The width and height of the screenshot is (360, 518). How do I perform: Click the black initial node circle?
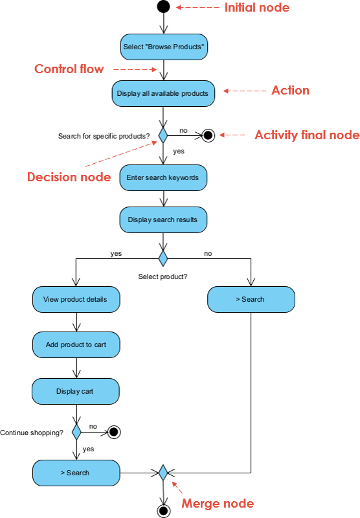point(163,7)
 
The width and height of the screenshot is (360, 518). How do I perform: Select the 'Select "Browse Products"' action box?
point(163,47)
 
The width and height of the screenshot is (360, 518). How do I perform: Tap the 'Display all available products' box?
point(163,93)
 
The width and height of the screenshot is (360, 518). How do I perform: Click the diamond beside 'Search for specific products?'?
point(163,135)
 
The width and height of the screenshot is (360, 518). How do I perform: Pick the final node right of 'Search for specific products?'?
point(207,135)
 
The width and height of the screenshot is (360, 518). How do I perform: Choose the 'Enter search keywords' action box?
point(163,177)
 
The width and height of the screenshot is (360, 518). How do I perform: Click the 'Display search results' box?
point(163,220)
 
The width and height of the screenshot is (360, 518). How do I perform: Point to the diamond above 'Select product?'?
point(163,259)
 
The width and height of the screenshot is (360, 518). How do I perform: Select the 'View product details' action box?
point(76,299)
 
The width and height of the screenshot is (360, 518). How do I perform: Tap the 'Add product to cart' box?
point(76,344)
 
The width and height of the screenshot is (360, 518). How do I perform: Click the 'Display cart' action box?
point(76,391)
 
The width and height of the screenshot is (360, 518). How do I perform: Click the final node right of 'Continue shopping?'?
point(115,431)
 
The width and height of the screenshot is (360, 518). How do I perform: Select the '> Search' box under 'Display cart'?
point(76,473)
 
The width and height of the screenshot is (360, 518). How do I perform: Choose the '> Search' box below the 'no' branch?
point(251,299)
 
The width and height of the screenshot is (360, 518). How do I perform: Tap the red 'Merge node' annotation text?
point(218,503)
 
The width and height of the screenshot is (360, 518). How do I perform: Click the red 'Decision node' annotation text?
point(69,177)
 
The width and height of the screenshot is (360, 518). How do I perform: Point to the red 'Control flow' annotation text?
point(69,69)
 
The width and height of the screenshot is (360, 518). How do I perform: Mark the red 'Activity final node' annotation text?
point(306,135)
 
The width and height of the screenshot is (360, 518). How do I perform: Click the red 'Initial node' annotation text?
point(256,8)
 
